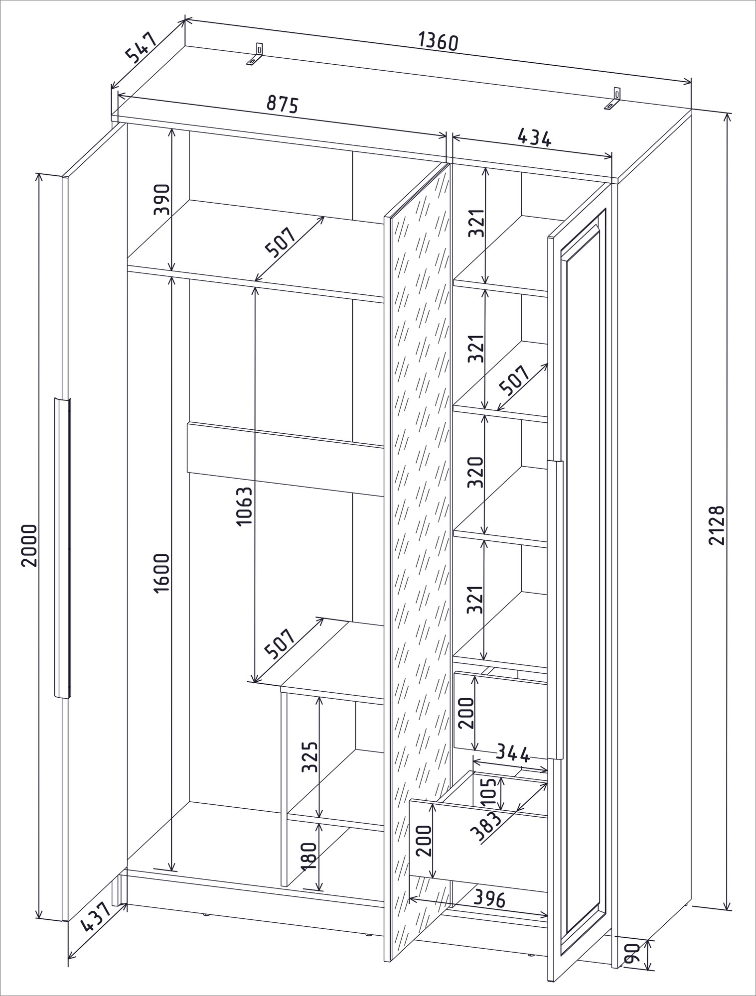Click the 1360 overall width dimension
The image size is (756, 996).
[438, 41]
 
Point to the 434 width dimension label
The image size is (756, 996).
[534, 137]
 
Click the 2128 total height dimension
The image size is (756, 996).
[717, 525]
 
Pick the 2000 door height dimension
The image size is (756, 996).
[29, 545]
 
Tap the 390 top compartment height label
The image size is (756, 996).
[162, 199]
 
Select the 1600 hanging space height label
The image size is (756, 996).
[162, 574]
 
